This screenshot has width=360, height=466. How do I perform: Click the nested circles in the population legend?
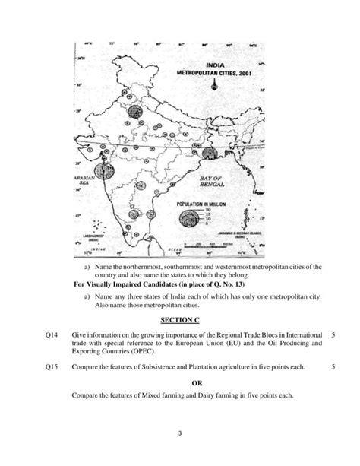[x=187, y=220]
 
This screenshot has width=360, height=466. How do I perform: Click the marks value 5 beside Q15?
[x=333, y=366]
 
